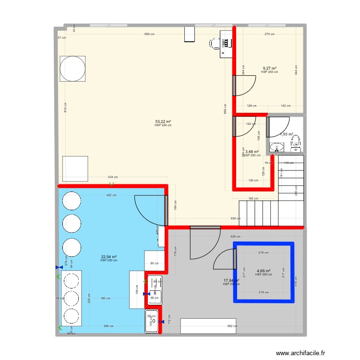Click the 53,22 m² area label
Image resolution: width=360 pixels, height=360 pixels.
(163, 121)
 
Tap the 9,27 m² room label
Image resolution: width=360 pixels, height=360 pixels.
(269, 68)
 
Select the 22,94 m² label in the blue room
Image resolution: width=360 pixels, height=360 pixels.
(109, 257)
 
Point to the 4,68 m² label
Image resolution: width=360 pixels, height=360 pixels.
(264, 271)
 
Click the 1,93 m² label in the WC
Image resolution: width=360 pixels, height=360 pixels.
(287, 134)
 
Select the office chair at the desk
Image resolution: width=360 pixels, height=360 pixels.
(215, 44)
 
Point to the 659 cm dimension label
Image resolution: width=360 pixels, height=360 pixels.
(149, 34)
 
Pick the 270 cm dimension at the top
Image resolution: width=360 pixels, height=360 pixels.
(269, 34)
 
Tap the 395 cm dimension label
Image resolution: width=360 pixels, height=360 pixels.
(108, 326)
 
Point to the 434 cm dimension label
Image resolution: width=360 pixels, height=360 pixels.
(111, 178)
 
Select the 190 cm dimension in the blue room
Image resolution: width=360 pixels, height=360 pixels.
(105, 298)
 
